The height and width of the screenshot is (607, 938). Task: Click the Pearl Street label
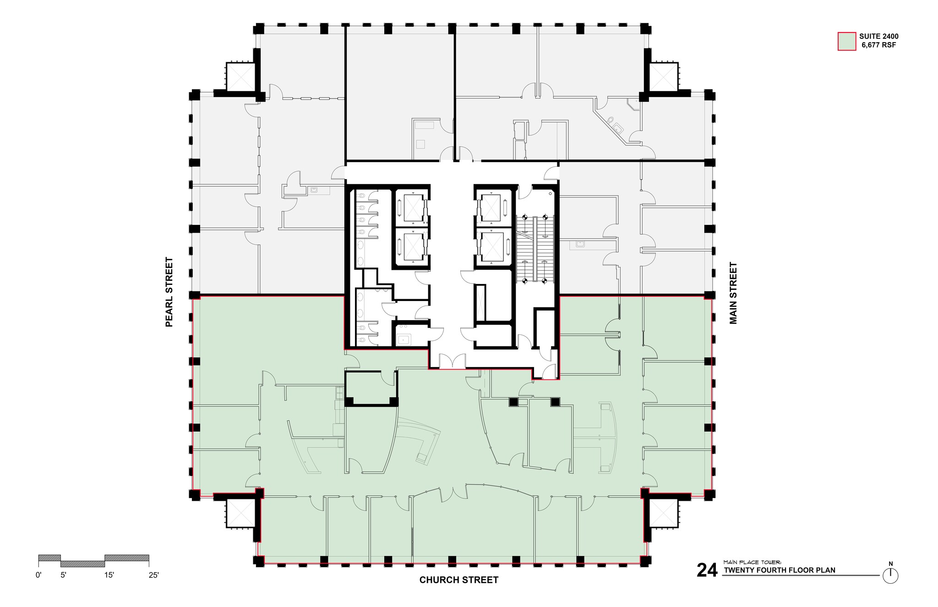[169, 292]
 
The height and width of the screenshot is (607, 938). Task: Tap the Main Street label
[733, 293]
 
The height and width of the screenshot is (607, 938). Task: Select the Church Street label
[458, 580]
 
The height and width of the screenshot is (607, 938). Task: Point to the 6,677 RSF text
[878, 45]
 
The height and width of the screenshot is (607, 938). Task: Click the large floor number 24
[707, 570]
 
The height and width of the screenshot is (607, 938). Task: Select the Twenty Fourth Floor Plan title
[779, 570]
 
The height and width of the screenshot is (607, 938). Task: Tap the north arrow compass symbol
[890, 575]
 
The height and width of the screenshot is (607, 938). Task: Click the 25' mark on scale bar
[153, 575]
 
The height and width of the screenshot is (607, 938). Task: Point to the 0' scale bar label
[38, 575]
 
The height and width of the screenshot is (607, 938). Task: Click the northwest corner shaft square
[240, 77]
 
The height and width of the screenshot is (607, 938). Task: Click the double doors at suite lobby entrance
[452, 361]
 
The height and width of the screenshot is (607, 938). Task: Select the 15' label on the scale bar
[109, 575]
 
